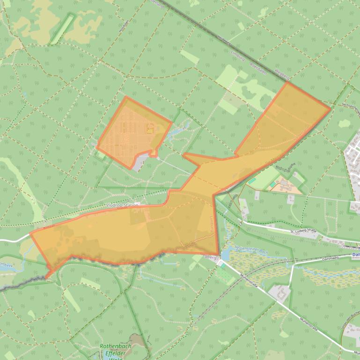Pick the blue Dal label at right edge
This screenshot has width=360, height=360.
pos(355,255)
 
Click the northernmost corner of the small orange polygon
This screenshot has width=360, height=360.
pos(126,97)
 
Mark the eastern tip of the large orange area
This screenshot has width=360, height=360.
pos(331,108)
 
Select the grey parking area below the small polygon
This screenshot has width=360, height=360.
pos(140,163)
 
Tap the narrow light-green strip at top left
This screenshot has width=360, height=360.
pos(62,29)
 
